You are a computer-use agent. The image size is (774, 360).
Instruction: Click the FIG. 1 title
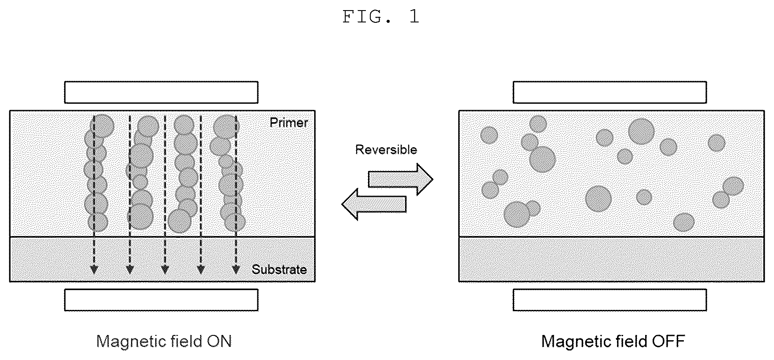(381, 17)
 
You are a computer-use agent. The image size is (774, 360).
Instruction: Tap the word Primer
(289, 123)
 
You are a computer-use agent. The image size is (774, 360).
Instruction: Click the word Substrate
(279, 269)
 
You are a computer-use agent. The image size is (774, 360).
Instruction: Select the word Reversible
(386, 149)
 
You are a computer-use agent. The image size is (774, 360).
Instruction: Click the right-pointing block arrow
(400, 179)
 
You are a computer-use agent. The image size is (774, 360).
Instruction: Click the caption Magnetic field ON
(164, 342)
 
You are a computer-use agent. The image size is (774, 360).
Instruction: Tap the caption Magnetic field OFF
(613, 342)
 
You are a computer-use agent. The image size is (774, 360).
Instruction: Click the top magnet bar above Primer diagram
(161, 92)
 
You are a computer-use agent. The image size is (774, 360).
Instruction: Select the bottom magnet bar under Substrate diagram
(161, 300)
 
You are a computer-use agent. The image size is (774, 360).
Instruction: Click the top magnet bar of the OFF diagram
(610, 92)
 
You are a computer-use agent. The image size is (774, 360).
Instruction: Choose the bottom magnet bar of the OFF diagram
(610, 300)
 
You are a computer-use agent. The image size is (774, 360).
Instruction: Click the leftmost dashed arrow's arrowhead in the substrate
(93, 269)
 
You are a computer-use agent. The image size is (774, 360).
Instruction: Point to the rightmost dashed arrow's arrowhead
(236, 269)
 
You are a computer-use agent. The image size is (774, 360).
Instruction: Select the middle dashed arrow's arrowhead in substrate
(164, 269)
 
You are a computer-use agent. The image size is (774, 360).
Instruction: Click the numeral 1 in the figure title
(414, 17)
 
